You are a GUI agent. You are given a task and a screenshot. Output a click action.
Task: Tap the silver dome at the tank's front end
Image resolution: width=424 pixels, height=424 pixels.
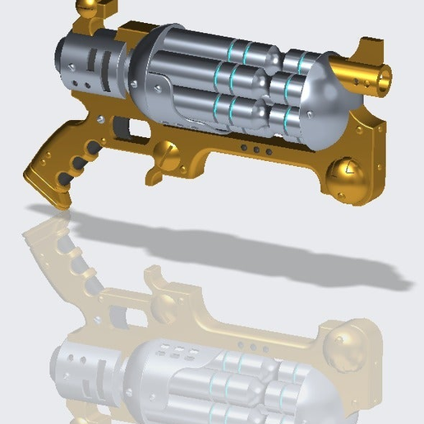click(x=325, y=94)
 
